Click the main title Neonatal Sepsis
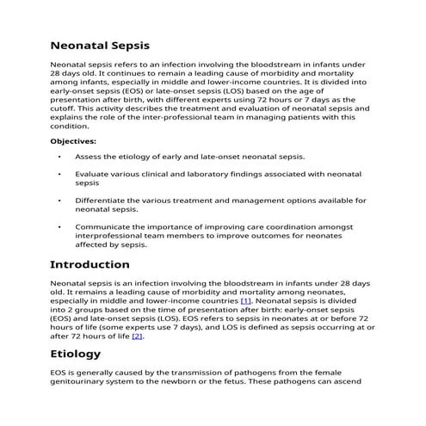pyautogui.click(x=100, y=45)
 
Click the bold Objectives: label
pyautogui.click(x=73, y=140)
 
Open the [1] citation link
pyautogui.click(x=245, y=302)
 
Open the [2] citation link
pyautogui.click(x=137, y=335)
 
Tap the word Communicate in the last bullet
pyautogui.click(x=105, y=227)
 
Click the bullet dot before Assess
pyautogui.click(x=59, y=157)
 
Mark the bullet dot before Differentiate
pyautogui.click(x=59, y=201)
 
